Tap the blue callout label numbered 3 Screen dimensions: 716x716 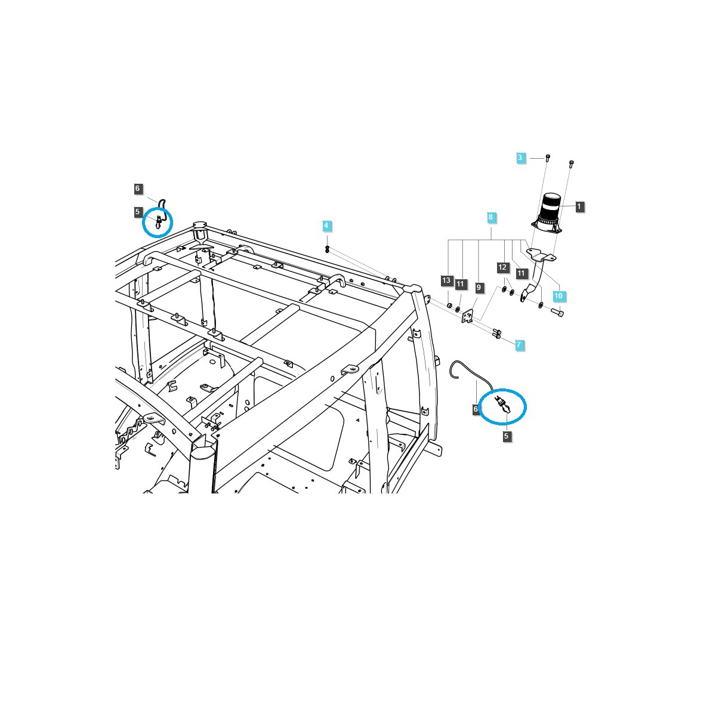pyautogui.click(x=520, y=158)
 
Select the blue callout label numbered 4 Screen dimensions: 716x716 pyautogui.click(x=326, y=226)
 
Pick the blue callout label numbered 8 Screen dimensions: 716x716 pyautogui.click(x=490, y=218)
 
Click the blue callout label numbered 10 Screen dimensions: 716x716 pyautogui.click(x=558, y=296)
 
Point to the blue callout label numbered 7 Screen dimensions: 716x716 pyautogui.click(x=519, y=345)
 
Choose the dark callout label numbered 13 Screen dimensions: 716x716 pyautogui.click(x=447, y=280)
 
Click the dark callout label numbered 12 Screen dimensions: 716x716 pyautogui.click(x=502, y=267)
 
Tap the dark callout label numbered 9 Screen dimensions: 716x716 pyautogui.click(x=479, y=288)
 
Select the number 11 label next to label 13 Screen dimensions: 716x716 pyautogui.click(x=460, y=285)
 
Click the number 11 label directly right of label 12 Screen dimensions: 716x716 pyautogui.click(x=521, y=273)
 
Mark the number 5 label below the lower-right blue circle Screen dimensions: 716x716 pyautogui.click(x=506, y=436)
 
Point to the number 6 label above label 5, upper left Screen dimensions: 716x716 pyautogui.click(x=137, y=189)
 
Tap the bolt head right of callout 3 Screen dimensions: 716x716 pyautogui.click(x=548, y=158)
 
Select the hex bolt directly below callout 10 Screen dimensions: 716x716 pyautogui.click(x=558, y=312)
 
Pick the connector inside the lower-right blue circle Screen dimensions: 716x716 pyautogui.click(x=502, y=405)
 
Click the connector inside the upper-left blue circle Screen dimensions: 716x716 pyautogui.click(x=158, y=223)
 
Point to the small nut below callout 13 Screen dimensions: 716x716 pyautogui.click(x=449, y=306)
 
